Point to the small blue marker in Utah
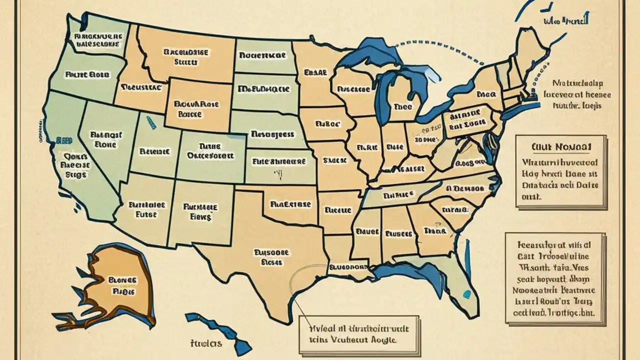pos(148,119)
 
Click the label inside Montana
pos(186,57)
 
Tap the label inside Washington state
pos(97,40)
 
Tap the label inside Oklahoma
pos(290,204)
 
